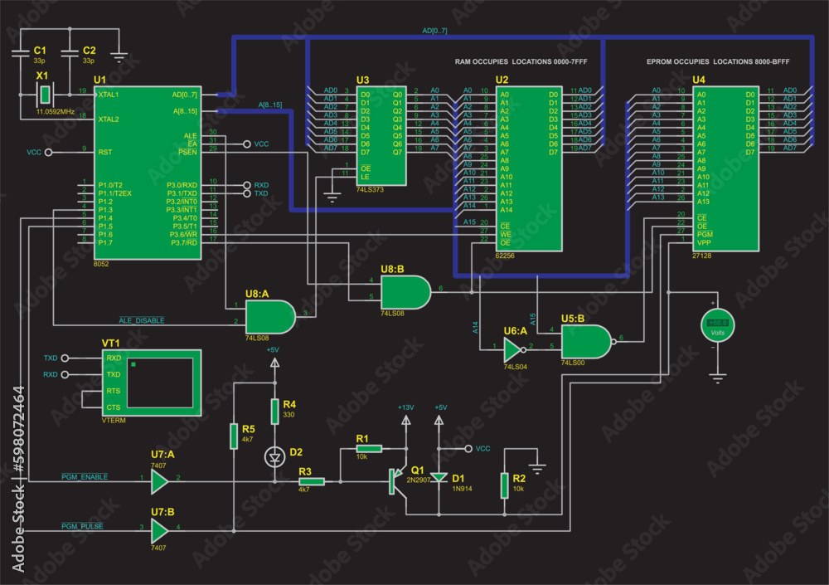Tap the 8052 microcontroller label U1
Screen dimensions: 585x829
pyautogui.click(x=99, y=80)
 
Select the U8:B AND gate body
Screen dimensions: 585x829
pyautogui.click(x=405, y=292)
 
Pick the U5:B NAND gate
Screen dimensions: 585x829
pyautogui.click(x=587, y=341)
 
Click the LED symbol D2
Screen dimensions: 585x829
pyautogui.click(x=274, y=456)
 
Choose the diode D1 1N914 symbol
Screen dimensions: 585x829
pyautogui.click(x=439, y=477)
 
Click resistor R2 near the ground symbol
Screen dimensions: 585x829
pyautogui.click(x=504, y=485)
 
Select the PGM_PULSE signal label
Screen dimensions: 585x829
pyautogui.click(x=81, y=527)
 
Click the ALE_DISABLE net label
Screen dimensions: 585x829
pyautogui.click(x=142, y=319)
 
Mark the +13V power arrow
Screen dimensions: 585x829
pyautogui.click(x=405, y=420)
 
